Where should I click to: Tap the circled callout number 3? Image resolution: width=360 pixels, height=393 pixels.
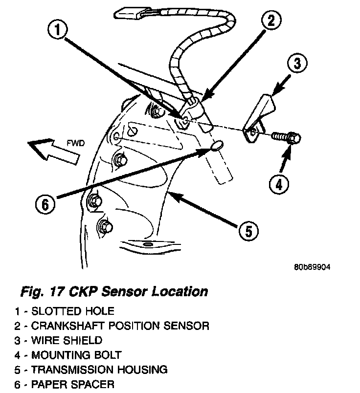tap(296, 63)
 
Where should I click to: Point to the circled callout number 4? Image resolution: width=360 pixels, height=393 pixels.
tap(279, 184)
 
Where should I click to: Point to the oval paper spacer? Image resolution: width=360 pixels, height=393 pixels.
tap(217, 145)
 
